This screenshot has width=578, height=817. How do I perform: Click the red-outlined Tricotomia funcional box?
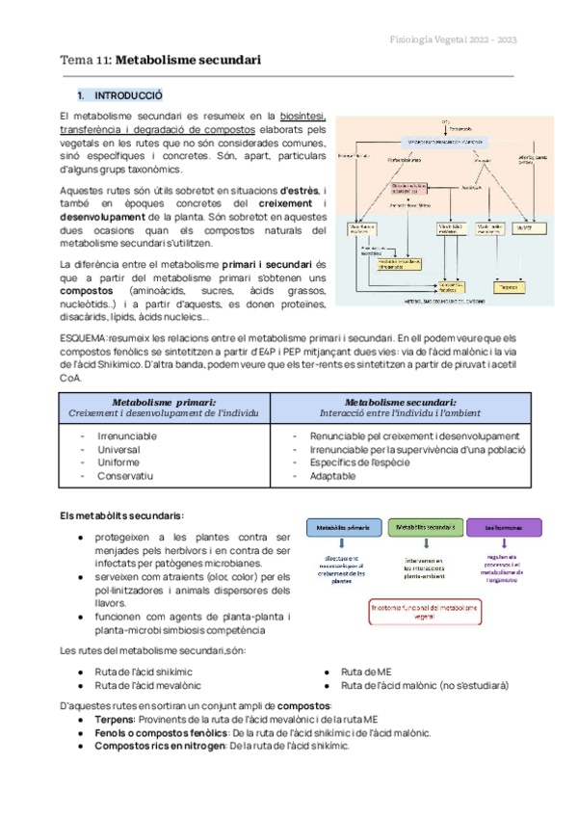click(x=425, y=611)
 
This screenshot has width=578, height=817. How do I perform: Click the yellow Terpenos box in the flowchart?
click(x=505, y=288)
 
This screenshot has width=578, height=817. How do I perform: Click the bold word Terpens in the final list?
click(x=114, y=719)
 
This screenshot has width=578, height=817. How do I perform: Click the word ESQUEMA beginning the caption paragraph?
click(x=84, y=338)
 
